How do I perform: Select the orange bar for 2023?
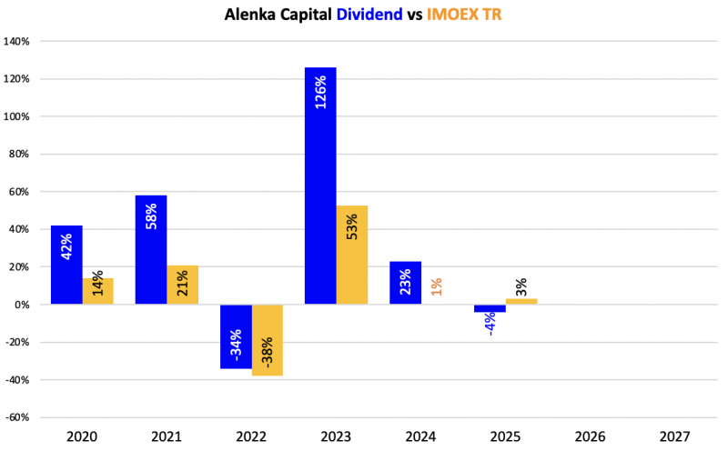[351, 255]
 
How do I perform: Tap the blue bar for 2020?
[66, 265]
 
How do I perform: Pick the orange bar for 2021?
[183, 285]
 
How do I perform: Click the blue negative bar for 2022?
[236, 336]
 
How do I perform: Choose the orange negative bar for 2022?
[268, 340]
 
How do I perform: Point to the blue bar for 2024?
[405, 283]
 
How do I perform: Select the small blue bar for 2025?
[490, 308]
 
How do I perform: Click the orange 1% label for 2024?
[437, 286]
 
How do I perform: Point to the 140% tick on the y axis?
[18, 42]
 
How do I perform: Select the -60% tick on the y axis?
[18, 417]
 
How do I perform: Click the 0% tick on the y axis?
[24, 305]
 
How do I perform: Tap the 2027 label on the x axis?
[677, 436]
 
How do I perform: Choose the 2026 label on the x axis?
[592, 436]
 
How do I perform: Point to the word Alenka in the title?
[250, 15]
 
